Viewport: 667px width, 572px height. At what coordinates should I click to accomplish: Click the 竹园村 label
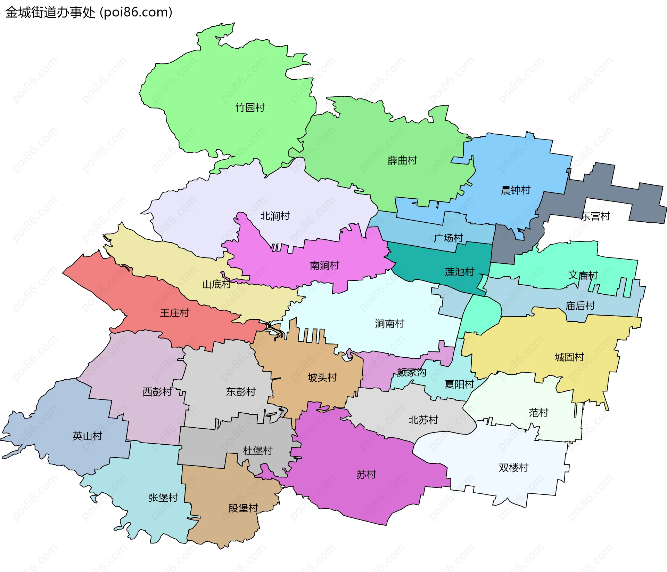(250, 108)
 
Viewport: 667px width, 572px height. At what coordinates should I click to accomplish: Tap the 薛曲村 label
(402, 160)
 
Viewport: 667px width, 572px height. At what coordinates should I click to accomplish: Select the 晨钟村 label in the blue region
(516, 190)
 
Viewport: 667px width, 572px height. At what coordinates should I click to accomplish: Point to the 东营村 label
(595, 216)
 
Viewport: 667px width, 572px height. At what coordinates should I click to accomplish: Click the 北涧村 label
(275, 216)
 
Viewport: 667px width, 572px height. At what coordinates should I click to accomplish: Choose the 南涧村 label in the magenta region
(324, 265)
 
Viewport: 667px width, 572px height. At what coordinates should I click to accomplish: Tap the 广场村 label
(448, 238)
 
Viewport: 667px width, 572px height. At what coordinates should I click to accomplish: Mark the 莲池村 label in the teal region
(459, 272)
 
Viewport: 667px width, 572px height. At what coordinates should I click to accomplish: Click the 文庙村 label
(583, 275)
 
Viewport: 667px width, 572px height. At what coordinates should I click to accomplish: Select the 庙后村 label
(580, 305)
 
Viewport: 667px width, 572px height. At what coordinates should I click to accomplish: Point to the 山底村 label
(216, 284)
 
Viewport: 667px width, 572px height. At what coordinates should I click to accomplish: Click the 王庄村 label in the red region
(174, 313)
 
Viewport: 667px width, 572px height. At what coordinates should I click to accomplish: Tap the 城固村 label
(569, 357)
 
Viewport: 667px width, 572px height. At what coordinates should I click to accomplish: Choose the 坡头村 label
(322, 377)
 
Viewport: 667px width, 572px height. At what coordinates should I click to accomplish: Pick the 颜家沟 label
(411, 372)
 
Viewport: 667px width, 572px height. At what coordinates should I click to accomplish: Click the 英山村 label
(87, 436)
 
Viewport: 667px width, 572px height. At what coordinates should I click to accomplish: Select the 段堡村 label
(243, 508)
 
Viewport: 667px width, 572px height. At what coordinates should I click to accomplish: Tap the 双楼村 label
(513, 467)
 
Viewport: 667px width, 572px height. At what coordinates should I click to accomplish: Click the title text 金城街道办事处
(50, 12)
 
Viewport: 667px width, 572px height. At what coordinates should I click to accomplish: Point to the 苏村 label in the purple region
(366, 474)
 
